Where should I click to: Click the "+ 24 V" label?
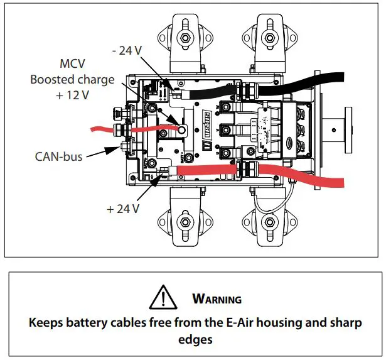tap(122, 209)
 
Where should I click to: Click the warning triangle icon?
tap(164, 295)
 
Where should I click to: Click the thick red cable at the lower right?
tap(301, 177)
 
